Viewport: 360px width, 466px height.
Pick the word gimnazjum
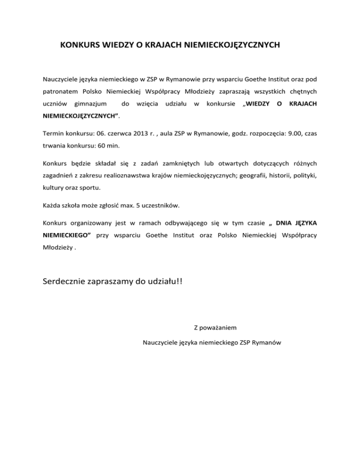[x=90, y=103]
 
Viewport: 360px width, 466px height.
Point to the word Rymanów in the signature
[x=266, y=343]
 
